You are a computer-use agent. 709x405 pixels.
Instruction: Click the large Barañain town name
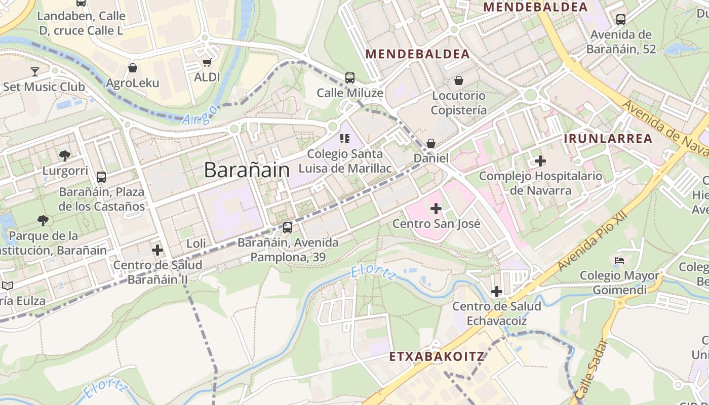pos(247,170)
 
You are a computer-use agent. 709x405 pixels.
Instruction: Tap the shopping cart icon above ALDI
pos(207,62)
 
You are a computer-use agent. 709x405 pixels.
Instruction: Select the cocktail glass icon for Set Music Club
pos(35,71)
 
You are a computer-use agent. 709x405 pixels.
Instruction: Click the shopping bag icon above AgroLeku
pos(133,68)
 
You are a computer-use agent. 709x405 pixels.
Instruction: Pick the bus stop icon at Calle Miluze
pos(350,78)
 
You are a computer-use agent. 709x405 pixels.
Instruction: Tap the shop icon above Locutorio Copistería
pos(459,80)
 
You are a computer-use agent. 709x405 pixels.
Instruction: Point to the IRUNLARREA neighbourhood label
pos(608,139)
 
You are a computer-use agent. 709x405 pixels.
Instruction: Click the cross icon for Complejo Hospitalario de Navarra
pos(540,161)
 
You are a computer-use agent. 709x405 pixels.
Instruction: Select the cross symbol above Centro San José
pos(436,208)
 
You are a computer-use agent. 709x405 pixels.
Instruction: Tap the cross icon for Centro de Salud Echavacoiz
pos(497,292)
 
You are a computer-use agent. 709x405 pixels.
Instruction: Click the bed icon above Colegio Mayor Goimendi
pos(619,261)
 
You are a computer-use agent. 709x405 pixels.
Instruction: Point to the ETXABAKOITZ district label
pos(437,356)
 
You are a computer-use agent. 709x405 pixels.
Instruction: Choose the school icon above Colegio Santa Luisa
pos(345,138)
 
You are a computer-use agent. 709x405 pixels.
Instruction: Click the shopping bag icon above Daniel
pos(431,144)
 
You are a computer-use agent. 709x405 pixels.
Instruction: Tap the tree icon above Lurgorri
pos(64,155)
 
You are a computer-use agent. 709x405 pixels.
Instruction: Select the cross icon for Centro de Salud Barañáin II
pos(157,250)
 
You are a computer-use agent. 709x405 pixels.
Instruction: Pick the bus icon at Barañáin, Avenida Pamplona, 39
pos(288,228)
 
